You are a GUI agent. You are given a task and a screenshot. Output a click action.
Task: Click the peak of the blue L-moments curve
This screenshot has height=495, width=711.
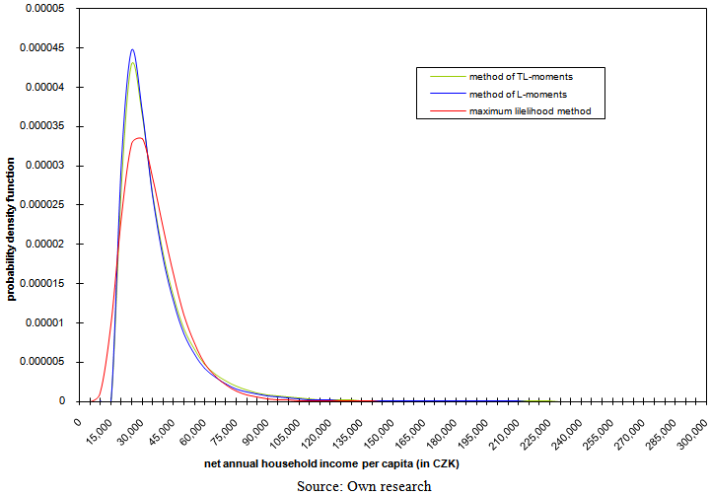click(x=132, y=49)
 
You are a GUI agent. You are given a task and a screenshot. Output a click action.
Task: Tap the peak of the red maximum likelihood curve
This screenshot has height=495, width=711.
click(x=139, y=138)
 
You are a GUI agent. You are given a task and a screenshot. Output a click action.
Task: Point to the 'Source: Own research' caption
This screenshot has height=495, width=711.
click(x=364, y=485)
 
